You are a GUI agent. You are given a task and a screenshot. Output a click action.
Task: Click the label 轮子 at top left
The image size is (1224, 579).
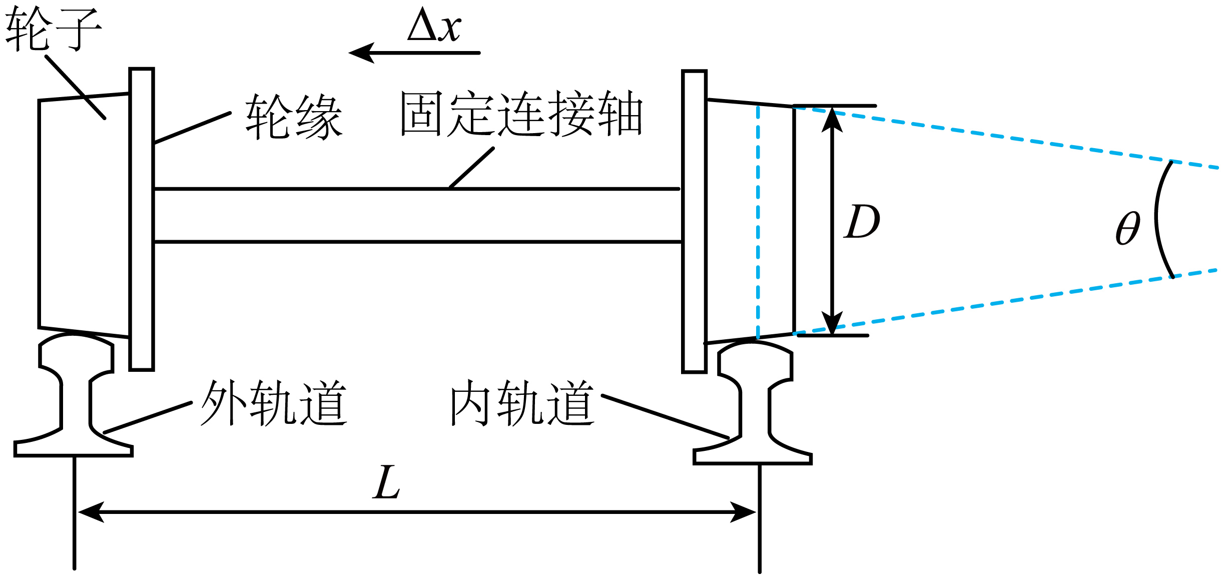pyautogui.click(x=53, y=29)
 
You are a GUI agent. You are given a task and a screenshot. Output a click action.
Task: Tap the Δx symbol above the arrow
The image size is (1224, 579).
pyautogui.click(x=434, y=25)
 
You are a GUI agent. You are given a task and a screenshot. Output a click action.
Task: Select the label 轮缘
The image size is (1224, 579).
pyautogui.click(x=294, y=117)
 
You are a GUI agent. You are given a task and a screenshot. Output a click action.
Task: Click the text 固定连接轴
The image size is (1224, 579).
pyautogui.click(x=521, y=114)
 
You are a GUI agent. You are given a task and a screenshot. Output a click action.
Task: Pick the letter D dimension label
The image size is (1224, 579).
pyautogui.click(x=862, y=221)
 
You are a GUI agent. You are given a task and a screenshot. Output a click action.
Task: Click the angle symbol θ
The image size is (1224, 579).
pyautogui.click(x=1128, y=228)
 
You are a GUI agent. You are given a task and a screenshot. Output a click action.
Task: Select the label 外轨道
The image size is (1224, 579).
pyautogui.click(x=274, y=403)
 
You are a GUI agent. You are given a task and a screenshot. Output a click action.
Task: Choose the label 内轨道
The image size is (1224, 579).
pyautogui.click(x=522, y=403)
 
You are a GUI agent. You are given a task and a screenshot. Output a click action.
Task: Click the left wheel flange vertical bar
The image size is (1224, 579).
pyautogui.click(x=142, y=219)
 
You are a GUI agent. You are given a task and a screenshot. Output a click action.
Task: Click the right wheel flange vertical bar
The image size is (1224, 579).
pyautogui.click(x=694, y=222)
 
